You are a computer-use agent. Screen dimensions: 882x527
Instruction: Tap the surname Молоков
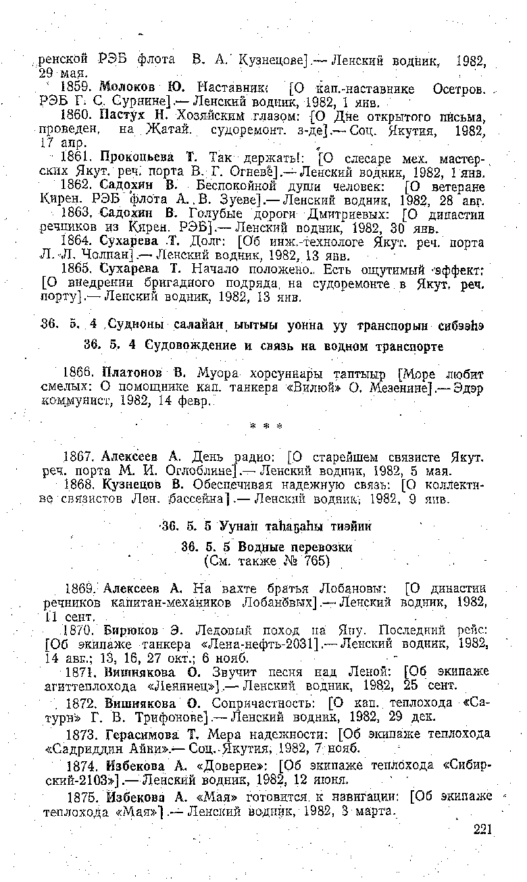pos(124,88)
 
